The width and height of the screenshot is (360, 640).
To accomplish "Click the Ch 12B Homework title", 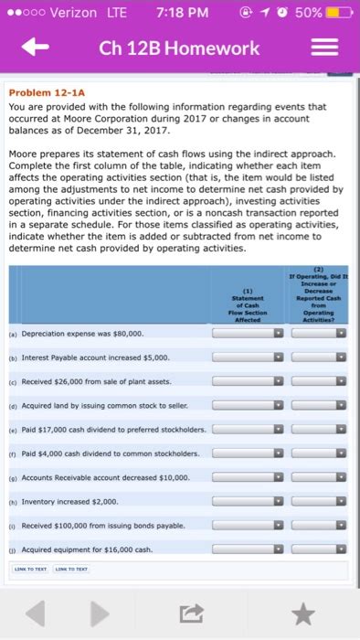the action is [180, 48].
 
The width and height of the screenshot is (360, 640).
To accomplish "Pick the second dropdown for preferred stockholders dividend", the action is [314, 428].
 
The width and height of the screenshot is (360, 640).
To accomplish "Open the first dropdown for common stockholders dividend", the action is [249, 452].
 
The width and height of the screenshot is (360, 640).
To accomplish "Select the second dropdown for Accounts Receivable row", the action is [314, 475].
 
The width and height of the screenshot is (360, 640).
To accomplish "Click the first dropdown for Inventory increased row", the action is [249, 499].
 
